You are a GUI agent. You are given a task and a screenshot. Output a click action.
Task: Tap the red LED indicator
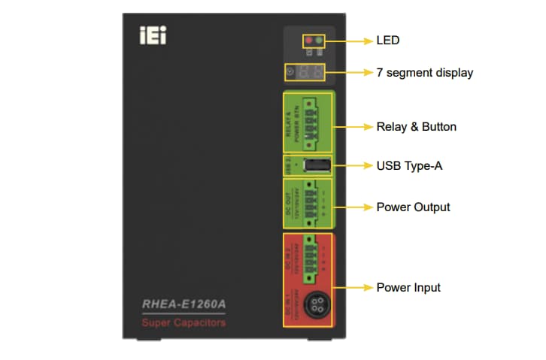308,40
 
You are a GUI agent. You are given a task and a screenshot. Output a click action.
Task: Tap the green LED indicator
320,40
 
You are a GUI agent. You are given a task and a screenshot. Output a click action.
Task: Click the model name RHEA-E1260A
184,304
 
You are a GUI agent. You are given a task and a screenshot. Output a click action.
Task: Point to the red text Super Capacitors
184,322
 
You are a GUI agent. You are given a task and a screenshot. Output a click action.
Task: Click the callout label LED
387,40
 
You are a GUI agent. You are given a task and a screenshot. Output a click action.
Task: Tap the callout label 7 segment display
424,73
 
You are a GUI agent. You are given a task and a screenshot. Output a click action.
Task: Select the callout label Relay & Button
416,126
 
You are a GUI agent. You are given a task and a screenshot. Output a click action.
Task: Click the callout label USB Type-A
409,165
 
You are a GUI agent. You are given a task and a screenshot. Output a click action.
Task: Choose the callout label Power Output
413,207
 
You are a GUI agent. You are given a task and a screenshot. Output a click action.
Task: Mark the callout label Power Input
408,287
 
